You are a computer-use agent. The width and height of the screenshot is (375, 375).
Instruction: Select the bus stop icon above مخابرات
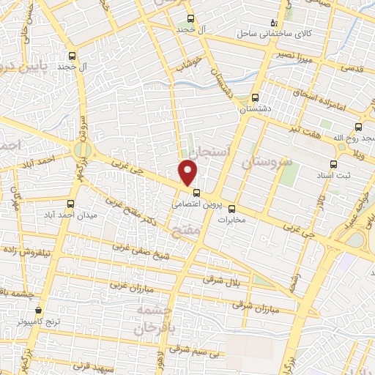tap(232, 207)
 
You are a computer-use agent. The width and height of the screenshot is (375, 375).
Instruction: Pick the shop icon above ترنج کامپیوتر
tap(38, 311)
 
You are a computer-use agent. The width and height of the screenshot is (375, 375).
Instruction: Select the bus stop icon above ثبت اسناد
tap(334, 164)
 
